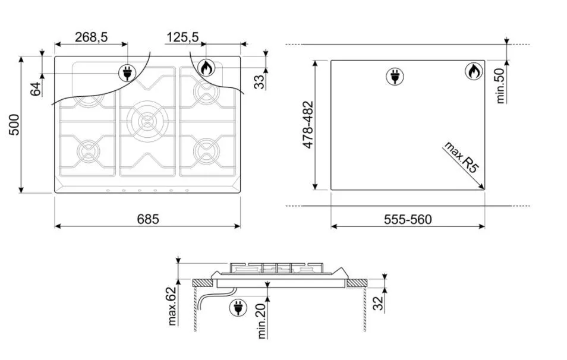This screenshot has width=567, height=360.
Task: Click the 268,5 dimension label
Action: [91, 37]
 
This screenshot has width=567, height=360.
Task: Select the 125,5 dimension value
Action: [182, 37]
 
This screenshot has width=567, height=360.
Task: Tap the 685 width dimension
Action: [148, 219]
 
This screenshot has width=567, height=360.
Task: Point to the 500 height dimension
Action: [14, 125]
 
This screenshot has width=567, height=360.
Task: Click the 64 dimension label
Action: [36, 89]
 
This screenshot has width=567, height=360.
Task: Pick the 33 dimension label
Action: [259, 82]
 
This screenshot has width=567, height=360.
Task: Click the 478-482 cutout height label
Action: [308, 125]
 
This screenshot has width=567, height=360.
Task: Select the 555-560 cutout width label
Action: [408, 219]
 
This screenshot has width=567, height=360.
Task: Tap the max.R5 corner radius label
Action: [462, 157]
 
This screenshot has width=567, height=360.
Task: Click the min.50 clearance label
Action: [500, 86]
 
